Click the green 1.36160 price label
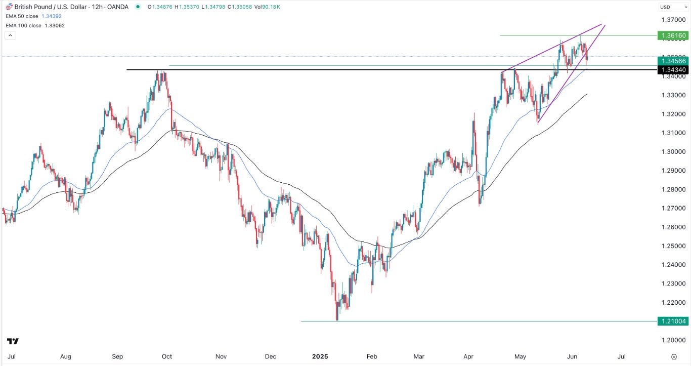(x=672, y=35)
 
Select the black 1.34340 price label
(x=672, y=69)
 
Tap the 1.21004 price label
(x=672, y=321)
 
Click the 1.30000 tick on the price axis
(x=672, y=151)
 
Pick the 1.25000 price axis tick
(x=672, y=246)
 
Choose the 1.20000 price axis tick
(x=672, y=340)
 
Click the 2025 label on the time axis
(x=320, y=356)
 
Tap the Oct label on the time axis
(x=167, y=356)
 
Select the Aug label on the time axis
(x=65, y=356)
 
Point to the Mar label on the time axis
(x=418, y=356)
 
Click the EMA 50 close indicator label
(x=31, y=16)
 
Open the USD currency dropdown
(x=672, y=7)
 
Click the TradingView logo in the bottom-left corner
(x=13, y=341)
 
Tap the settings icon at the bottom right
(x=674, y=356)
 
